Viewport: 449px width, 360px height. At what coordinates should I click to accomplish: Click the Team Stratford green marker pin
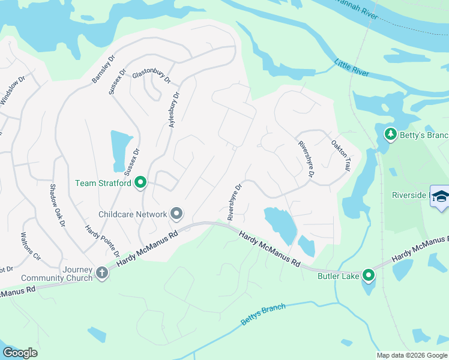(140, 182)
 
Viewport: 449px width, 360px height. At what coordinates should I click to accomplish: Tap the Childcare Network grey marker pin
(176, 214)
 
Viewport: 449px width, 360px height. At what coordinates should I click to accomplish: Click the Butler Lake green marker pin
(368, 276)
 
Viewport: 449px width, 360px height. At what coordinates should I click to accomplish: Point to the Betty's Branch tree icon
(391, 133)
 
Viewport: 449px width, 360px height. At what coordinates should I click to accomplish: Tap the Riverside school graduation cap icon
(440, 197)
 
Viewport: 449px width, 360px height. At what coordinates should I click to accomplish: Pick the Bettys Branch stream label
(263, 315)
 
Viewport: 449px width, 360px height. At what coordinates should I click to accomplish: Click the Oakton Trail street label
(340, 156)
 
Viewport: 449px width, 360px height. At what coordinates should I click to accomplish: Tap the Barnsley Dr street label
(102, 71)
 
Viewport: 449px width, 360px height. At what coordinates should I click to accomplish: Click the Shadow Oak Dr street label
(57, 205)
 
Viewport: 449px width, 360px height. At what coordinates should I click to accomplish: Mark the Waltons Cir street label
(31, 247)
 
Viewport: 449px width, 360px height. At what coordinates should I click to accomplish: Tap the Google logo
(20, 353)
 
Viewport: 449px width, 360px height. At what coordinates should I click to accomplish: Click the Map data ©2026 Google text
(411, 355)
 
